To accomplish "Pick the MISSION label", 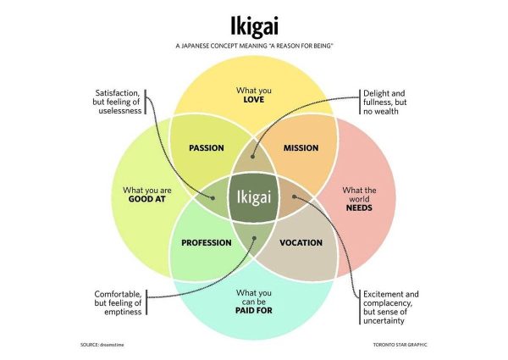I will [301, 148].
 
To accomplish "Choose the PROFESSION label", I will [206, 243].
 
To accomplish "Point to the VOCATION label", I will [301, 243].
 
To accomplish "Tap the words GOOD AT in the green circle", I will [145, 201].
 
